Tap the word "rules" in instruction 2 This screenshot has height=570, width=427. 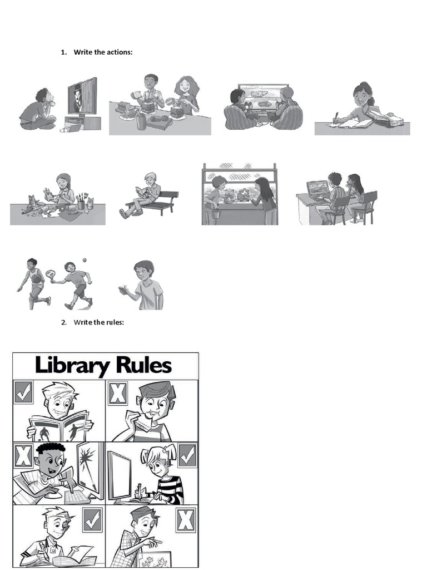(x=116, y=322)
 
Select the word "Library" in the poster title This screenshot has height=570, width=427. (x=72, y=366)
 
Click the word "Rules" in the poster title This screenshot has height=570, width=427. (x=144, y=365)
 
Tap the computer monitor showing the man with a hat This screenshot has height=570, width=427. (x=82, y=96)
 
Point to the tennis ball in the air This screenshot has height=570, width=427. (x=85, y=260)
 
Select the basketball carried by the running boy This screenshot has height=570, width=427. (x=37, y=279)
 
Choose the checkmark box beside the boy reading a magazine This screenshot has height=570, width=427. (x=23, y=392)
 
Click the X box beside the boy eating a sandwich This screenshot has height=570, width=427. (x=118, y=393)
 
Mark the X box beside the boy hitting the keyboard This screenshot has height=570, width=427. (x=23, y=455)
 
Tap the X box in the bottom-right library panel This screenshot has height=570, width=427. (x=186, y=520)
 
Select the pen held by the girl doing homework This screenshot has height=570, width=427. (x=336, y=116)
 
